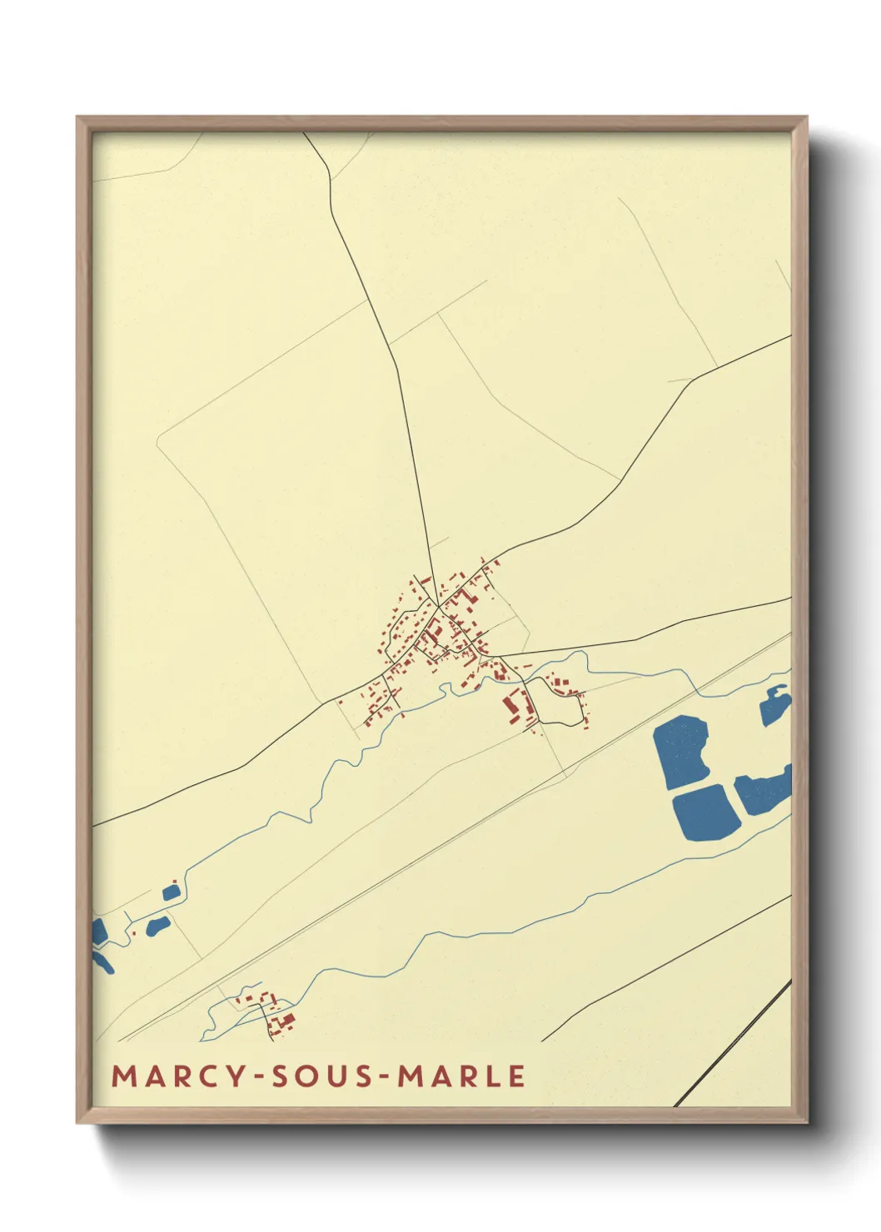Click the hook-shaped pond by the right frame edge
[774, 706]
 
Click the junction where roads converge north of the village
[436, 606]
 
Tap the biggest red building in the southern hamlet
[286, 1021]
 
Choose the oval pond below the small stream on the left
[158, 926]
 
